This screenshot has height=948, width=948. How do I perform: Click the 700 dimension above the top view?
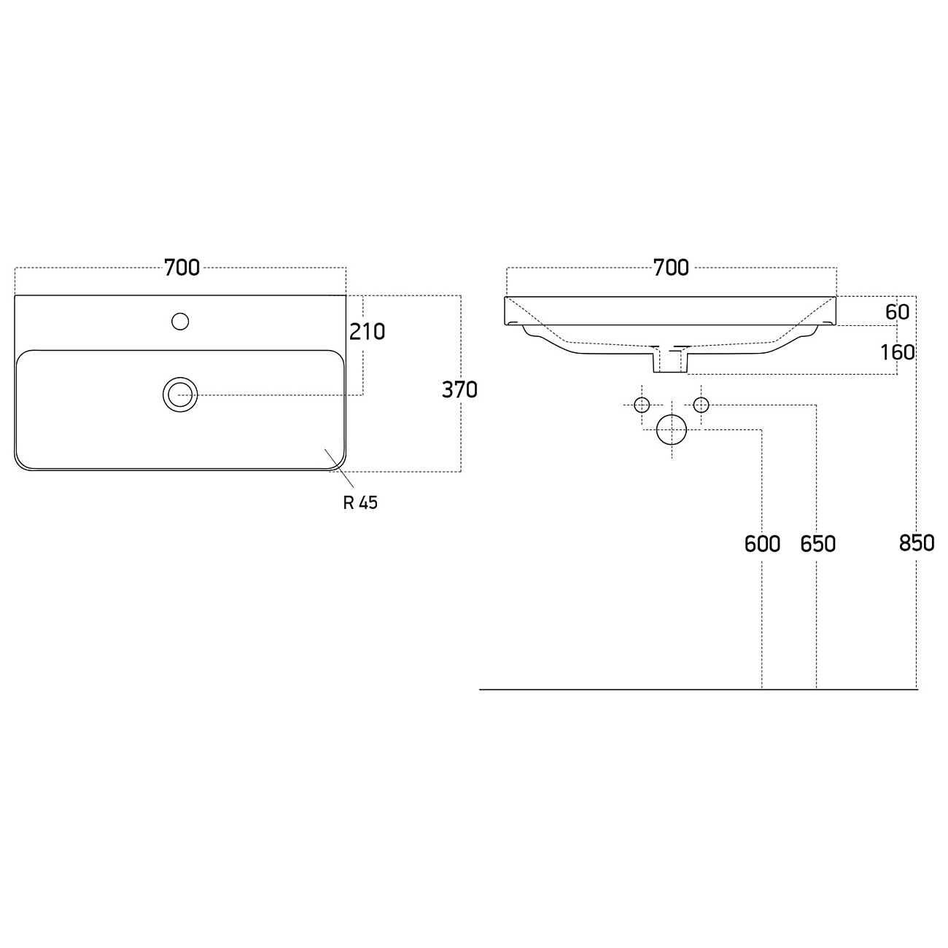pos(182,268)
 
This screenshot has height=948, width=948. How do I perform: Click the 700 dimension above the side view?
pos(671,268)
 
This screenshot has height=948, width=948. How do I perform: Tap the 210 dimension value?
pos(367,332)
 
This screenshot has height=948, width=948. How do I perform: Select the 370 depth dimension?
pos(459,390)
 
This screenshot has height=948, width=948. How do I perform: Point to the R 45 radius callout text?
pos(360,502)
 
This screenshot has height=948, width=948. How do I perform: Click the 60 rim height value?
pos(898,312)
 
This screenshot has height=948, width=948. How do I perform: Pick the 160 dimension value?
pos(898,352)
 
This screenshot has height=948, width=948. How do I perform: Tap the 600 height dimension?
pos(762,544)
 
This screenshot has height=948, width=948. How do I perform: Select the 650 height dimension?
pos(817,544)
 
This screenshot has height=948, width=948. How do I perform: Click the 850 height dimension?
pos(917,543)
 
